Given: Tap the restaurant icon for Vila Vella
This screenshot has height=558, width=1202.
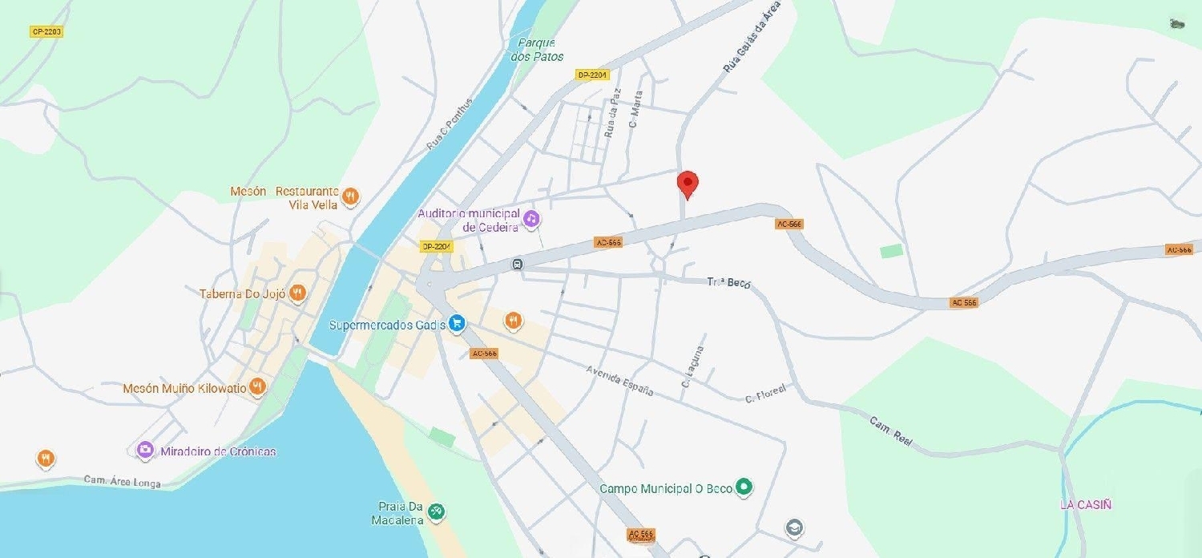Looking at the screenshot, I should (350, 196).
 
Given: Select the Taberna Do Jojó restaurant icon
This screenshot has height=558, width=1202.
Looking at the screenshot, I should (297, 293).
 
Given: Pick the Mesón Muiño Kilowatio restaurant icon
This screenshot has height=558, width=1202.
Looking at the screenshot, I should (257, 387).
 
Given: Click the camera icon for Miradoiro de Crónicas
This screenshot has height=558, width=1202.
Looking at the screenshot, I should (145, 451).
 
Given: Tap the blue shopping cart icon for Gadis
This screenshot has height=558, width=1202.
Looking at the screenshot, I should (457, 323).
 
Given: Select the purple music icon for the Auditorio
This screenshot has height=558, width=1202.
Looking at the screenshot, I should (530, 217).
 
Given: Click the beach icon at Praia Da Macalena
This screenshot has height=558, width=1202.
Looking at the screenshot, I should (437, 511).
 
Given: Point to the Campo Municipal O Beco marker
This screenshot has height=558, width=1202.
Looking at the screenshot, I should (744, 486).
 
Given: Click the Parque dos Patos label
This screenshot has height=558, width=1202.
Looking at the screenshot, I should (537, 50).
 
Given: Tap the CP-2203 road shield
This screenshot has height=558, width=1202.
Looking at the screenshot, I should (46, 32).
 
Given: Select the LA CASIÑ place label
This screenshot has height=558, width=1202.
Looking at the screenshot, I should (1085, 504).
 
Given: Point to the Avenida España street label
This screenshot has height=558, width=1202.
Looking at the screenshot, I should (619, 380).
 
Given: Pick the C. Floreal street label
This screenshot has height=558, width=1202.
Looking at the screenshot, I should (765, 393).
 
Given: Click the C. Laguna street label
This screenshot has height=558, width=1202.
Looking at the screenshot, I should (692, 366).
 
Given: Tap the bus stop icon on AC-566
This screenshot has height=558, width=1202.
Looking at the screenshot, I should (518, 264).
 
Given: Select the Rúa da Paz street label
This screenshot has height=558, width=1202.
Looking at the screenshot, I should (612, 113).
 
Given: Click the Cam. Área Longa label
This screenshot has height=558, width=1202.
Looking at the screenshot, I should (123, 482).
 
